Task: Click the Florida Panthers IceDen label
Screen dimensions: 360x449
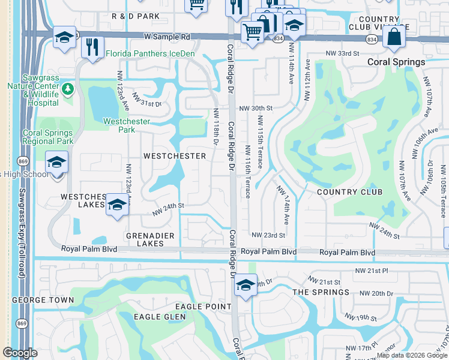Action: (150, 53)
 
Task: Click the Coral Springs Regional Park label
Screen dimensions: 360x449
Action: (48, 137)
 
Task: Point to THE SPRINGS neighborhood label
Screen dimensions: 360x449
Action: (321, 292)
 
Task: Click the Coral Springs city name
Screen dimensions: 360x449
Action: (397, 62)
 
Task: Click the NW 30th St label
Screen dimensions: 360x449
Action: (256, 109)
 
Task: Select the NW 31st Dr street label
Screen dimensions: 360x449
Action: (146, 102)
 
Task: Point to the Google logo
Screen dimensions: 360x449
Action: (20, 353)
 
